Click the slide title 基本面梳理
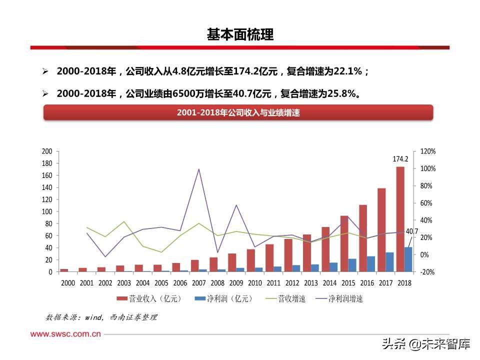pyautogui.click(x=240, y=34)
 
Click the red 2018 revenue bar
pyautogui.click(x=400, y=220)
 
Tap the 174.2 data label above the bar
pyautogui.click(x=400, y=159)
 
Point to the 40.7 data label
pyautogui.click(x=411, y=231)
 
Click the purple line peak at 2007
pyautogui.click(x=199, y=169)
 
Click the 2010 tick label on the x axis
pyautogui.click(x=254, y=283)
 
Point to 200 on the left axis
pyautogui.click(x=47, y=151)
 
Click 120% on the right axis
pyautogui.click(x=428, y=151)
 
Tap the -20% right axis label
pyautogui.click(x=428, y=272)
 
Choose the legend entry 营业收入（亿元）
pyautogui.click(x=149, y=299)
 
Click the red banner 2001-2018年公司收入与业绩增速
pyautogui.click(x=238, y=113)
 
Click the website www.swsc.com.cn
pyautogui.click(x=66, y=334)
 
